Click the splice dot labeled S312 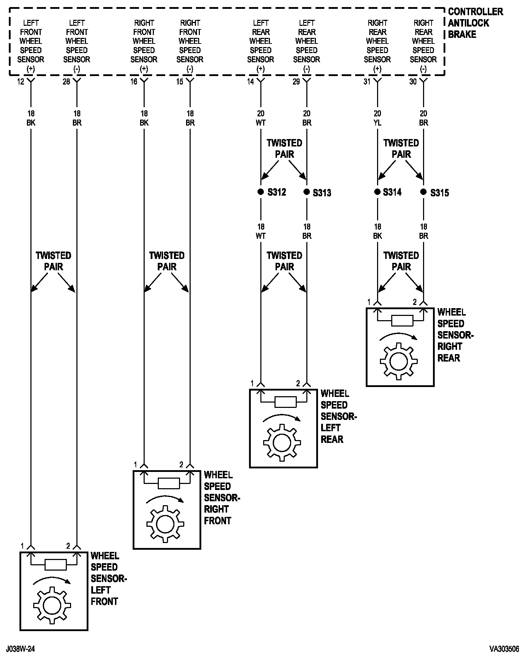[261, 192]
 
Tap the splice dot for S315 [423, 192]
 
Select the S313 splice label [322, 193]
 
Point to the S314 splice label [392, 192]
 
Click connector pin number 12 [21, 82]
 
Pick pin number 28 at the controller [66, 82]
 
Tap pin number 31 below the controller [367, 82]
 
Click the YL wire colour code [377, 123]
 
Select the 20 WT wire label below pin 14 [261, 118]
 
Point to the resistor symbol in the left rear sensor [285, 402]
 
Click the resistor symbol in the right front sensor [169, 484]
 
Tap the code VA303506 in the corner [504, 649]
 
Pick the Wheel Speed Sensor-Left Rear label [338, 416]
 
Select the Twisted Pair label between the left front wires [53, 261]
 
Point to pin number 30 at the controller [413, 82]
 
